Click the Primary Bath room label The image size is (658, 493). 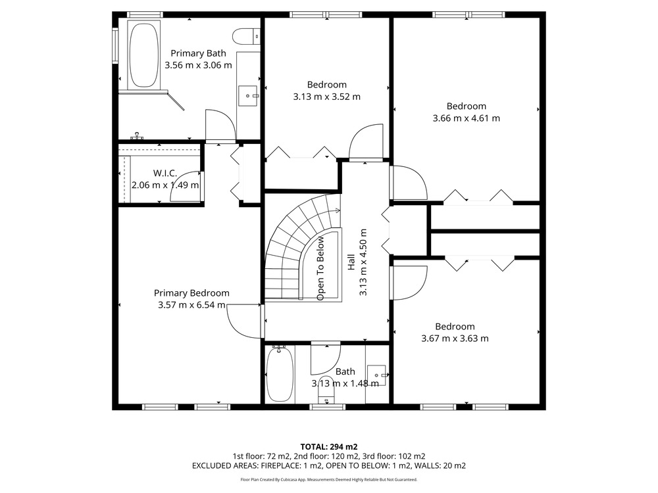click(198, 53)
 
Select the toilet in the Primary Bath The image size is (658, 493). click(246, 36)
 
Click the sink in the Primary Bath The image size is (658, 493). click(248, 96)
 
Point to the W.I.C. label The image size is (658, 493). click(165, 173)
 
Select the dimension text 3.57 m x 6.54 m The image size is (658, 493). click(191, 305)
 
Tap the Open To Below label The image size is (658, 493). click(320, 268)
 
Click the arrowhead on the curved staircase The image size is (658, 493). click(338, 210)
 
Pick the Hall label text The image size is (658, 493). click(351, 262)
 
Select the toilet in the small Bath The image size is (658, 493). click(326, 394)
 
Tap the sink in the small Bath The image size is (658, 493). click(376, 375)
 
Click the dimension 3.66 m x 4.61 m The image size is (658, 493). click(467, 118)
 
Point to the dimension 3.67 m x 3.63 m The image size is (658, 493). click(455, 339)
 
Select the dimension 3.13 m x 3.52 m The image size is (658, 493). click(326, 97)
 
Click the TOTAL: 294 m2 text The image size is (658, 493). click(329, 447)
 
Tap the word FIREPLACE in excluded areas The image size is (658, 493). click(280, 466)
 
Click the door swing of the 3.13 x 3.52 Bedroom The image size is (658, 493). click(366, 142)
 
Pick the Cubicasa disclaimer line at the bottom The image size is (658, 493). click(329, 480)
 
